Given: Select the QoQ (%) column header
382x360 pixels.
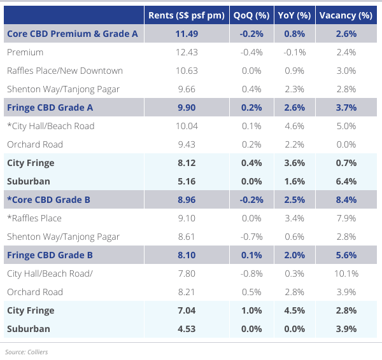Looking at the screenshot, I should tap(251, 15).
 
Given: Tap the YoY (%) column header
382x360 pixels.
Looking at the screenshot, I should tap(295, 15).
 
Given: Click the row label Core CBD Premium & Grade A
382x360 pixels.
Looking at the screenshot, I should tap(73, 34).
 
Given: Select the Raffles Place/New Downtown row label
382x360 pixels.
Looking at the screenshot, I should tap(65, 71).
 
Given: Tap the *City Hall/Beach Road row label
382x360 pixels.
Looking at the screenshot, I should tap(51, 126).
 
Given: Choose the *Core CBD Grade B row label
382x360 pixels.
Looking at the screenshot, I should tap(48, 200).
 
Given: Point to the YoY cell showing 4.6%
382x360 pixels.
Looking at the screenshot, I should tap(295, 126).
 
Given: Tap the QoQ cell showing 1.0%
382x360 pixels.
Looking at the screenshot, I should tap(251, 310).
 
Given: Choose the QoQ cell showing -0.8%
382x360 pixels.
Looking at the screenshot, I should tap(251, 273).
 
